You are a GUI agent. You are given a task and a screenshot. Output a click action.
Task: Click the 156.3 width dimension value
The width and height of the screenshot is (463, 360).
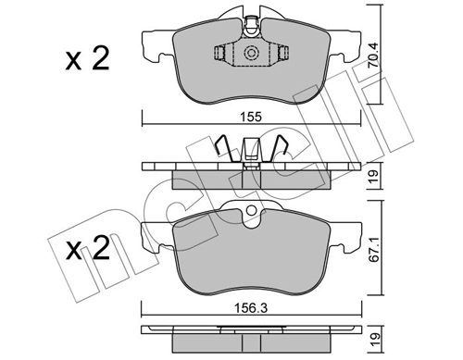pyautogui.click(x=250, y=299)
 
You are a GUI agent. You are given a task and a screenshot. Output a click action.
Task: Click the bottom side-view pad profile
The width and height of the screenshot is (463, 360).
pyautogui.click(x=250, y=331)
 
